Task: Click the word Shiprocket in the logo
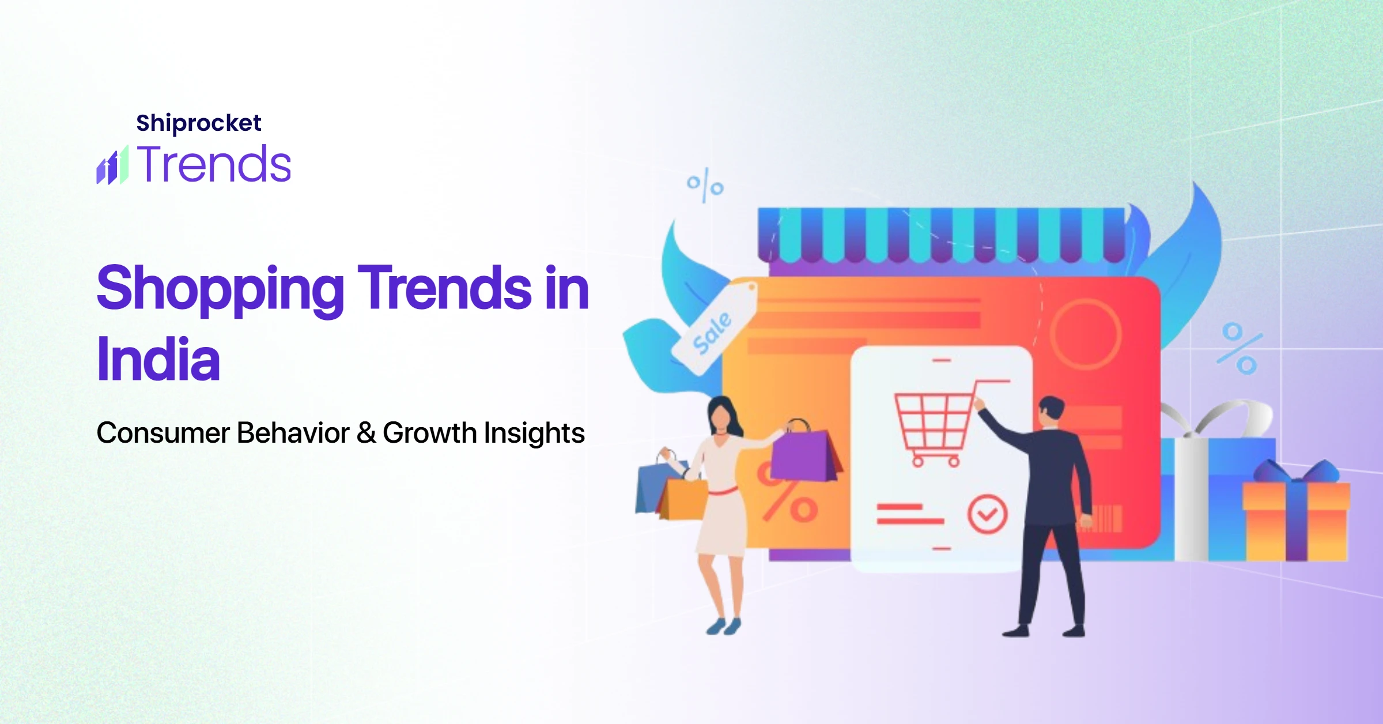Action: [x=199, y=123]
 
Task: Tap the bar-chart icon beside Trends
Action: [x=112, y=165]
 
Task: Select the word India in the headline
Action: [x=158, y=359]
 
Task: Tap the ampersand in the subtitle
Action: [x=366, y=433]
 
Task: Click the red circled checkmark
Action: [x=988, y=514]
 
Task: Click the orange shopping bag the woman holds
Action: [x=684, y=498]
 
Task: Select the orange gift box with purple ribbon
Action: [x=1297, y=513]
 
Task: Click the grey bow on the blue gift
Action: [x=1216, y=418]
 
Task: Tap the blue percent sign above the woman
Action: [x=705, y=185]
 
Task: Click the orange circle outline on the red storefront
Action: [x=1086, y=334]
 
